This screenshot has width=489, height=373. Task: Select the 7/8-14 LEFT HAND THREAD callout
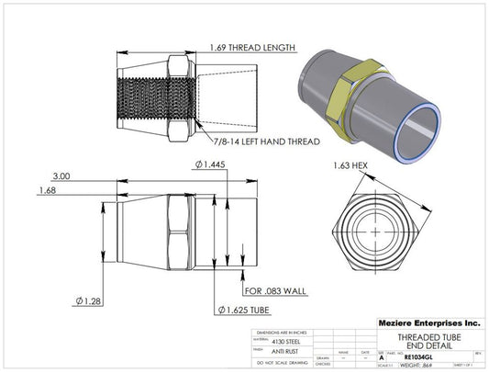[x=266, y=143]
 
